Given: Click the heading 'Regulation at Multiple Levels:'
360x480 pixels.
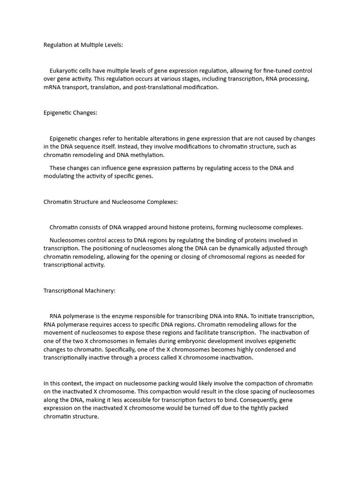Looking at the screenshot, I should tap(83, 45).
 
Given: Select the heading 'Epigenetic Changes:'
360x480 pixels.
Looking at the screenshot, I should tap(70, 113).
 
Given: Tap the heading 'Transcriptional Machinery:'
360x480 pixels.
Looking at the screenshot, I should tap(79, 291).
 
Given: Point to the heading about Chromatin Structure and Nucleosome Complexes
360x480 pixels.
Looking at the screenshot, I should tap(111, 202).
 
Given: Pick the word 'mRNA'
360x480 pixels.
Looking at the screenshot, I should tap(52, 88).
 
